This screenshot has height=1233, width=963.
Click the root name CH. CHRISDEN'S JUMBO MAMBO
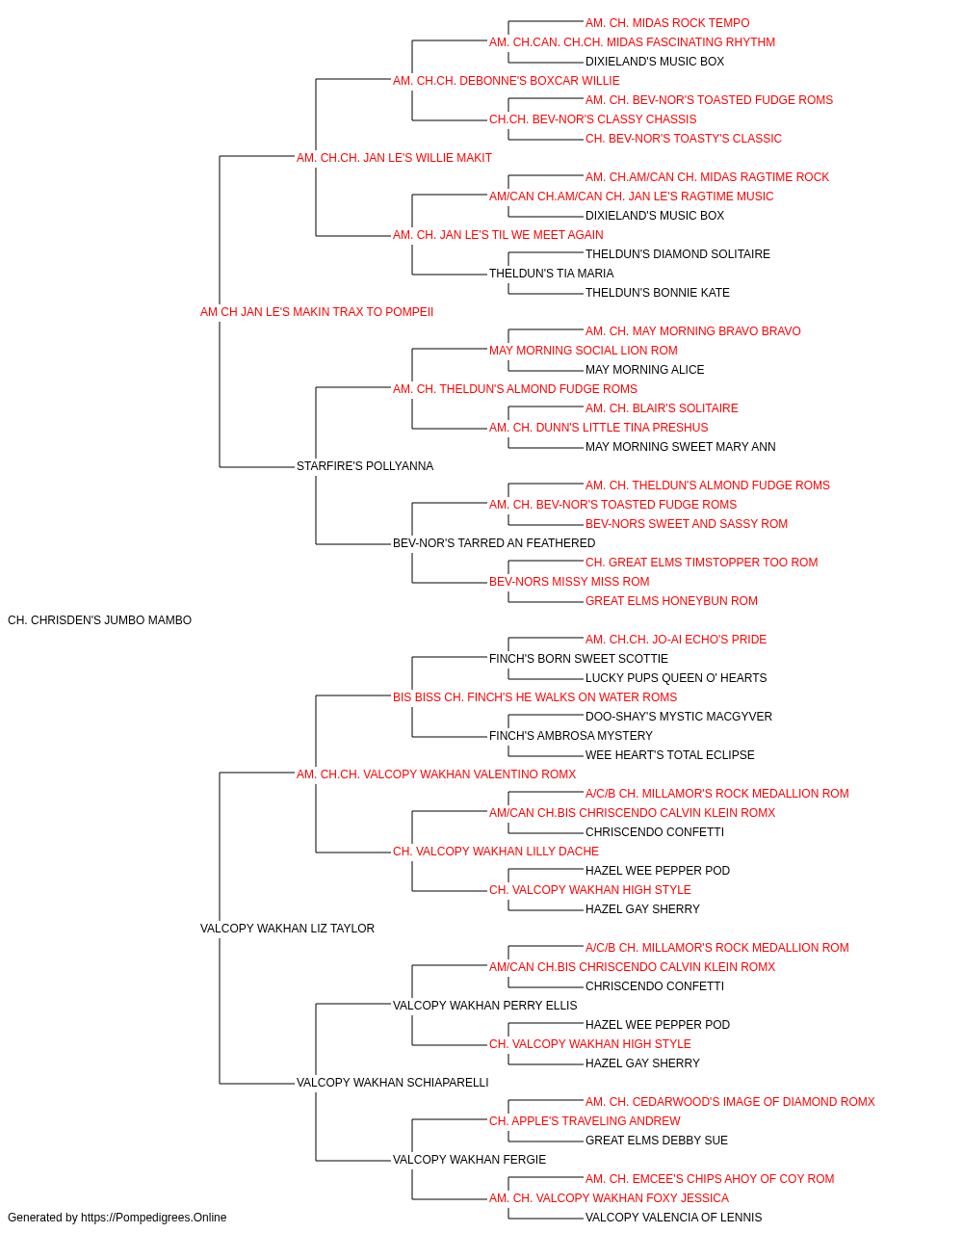99,620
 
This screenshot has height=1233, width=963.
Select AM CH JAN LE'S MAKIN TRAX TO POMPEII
317,312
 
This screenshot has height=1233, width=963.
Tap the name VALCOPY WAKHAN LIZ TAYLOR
287,929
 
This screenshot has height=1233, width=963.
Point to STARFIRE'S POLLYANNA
365,466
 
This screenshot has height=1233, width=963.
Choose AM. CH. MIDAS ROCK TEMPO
667,23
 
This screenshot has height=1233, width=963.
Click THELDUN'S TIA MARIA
551,274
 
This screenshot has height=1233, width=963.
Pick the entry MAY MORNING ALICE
644,370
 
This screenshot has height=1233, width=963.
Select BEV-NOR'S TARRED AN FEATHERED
494,543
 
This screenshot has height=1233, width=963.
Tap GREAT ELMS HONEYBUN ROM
671,601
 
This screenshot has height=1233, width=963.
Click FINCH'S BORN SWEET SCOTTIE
579,659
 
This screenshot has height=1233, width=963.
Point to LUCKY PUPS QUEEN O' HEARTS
675,678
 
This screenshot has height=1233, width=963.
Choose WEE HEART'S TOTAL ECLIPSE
670,755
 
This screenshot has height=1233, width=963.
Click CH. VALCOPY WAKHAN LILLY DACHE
496,852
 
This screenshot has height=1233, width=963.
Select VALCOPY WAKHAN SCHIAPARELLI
393,1083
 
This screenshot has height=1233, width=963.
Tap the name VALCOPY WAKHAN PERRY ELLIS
485,1006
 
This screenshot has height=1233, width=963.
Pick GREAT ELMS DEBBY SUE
656,1141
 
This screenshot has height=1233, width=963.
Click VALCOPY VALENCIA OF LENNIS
673,1218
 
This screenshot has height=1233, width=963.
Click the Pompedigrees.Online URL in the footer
154,1218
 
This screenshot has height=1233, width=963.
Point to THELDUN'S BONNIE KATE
658,293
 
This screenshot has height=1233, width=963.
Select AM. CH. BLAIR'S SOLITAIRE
662,408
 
